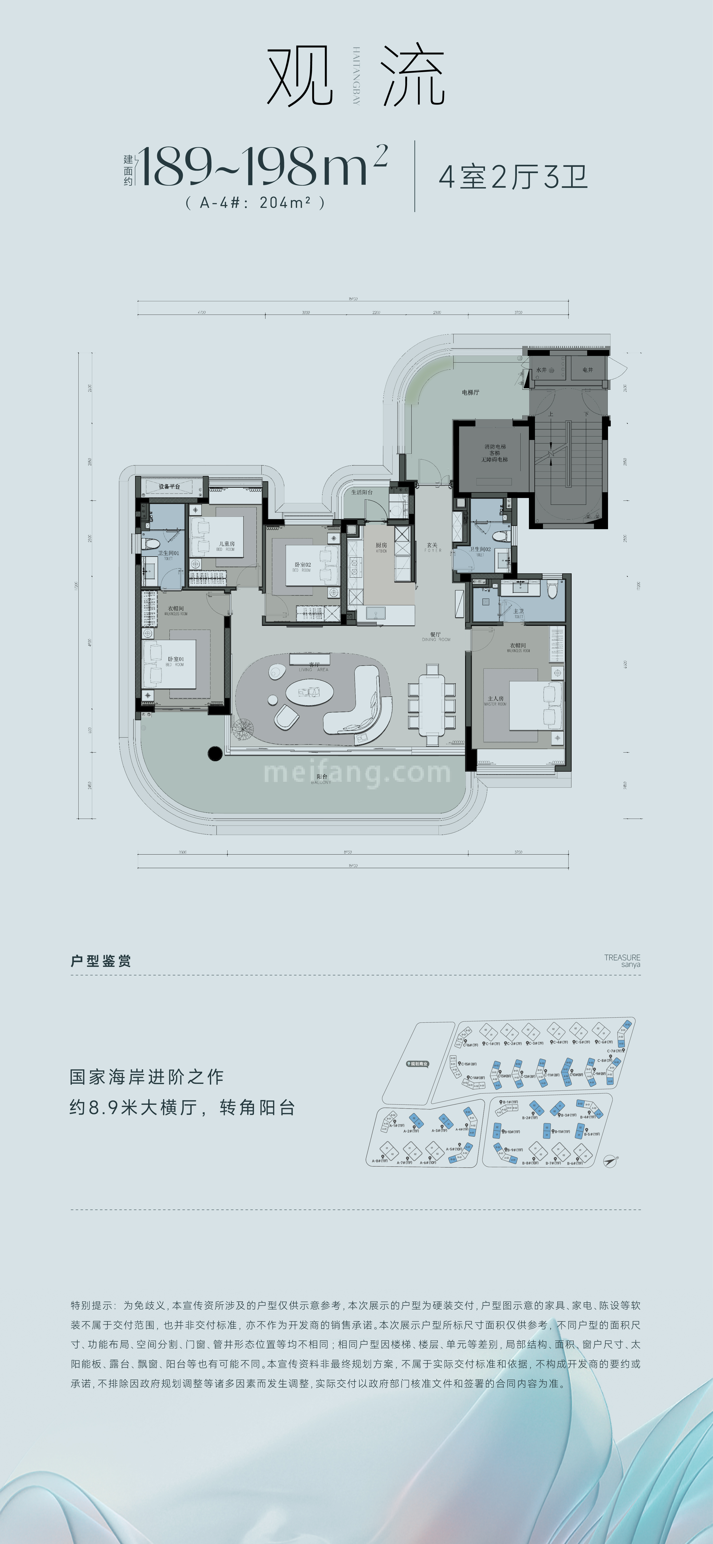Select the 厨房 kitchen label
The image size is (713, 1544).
click(381, 545)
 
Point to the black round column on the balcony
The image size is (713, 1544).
click(214, 754)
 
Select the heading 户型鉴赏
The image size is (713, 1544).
click(101, 961)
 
